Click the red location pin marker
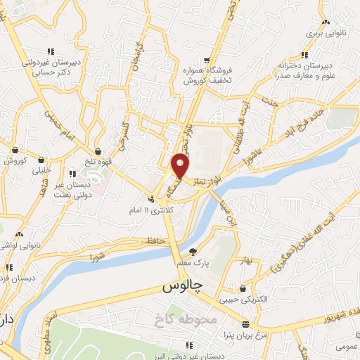(x=181, y=165)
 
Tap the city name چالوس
(x=182, y=287)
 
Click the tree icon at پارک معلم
(x=193, y=251)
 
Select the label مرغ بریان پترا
(x=243, y=337)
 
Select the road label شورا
(x=97, y=258)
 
